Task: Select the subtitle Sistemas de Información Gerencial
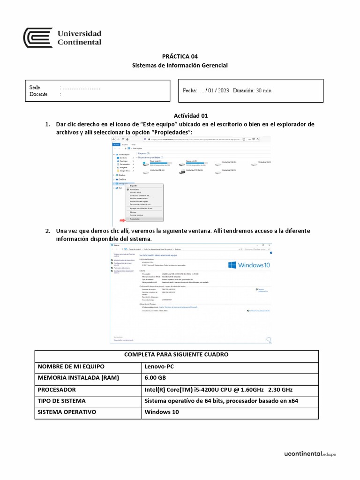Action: [x=180, y=65]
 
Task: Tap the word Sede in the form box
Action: [x=35, y=88]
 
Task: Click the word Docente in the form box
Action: [x=38, y=94]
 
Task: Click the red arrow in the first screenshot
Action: [x=123, y=219]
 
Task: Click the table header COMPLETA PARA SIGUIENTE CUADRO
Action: [x=176, y=355]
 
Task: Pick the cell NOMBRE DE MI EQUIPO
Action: [x=71, y=367]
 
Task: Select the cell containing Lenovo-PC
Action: [x=159, y=367]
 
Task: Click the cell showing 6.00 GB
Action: [x=155, y=378]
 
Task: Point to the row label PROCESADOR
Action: [x=57, y=390]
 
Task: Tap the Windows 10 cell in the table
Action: [x=161, y=412]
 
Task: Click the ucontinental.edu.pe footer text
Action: [x=310, y=454]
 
